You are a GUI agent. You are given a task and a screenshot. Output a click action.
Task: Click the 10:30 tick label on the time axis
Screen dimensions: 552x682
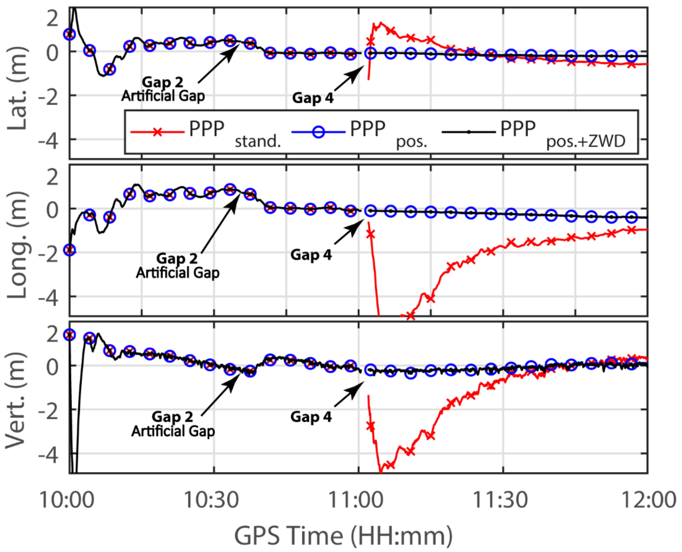pyautogui.click(x=211, y=500)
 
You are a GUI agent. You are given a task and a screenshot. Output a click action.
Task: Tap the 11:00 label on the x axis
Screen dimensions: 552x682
pyautogui.click(x=356, y=500)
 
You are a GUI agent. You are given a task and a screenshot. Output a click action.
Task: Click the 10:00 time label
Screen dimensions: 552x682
pyautogui.click(x=67, y=500)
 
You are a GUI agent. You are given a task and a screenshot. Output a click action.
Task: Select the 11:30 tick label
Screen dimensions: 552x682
pyautogui.click(x=500, y=500)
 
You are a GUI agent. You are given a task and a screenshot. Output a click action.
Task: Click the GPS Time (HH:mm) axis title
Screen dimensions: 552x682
pyautogui.click(x=343, y=536)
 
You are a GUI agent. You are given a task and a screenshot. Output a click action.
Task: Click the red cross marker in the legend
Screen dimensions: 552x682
pyautogui.click(x=157, y=132)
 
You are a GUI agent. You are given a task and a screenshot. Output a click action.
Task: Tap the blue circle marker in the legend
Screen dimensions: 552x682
pyautogui.click(x=318, y=132)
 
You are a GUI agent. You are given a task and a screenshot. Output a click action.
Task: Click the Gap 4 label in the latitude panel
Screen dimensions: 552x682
pyautogui.click(x=313, y=98)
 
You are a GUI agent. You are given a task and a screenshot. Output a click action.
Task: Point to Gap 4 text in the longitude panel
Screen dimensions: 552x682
pyautogui.click(x=311, y=255)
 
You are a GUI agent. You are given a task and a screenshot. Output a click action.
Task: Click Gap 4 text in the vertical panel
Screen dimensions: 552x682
pyautogui.click(x=311, y=417)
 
